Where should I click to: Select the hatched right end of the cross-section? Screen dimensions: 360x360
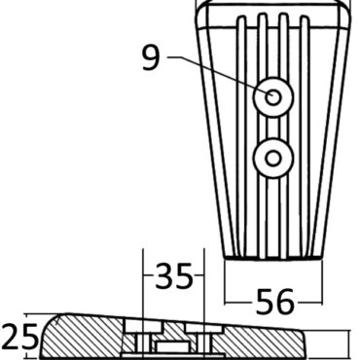point(292,341)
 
